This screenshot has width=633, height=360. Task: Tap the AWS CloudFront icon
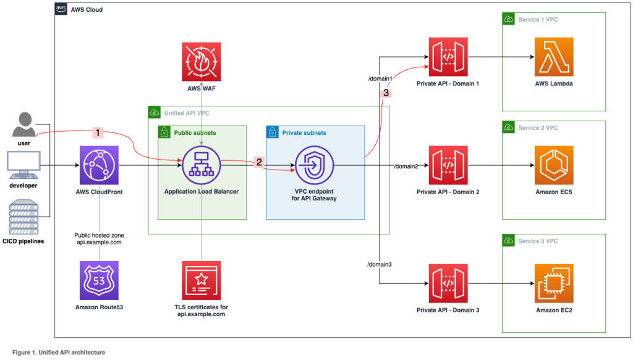[x=100, y=166]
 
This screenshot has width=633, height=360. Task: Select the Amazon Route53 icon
[x=100, y=280]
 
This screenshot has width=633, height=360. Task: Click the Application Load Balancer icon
[x=202, y=165]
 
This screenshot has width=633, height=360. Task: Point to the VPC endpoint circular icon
[x=315, y=165]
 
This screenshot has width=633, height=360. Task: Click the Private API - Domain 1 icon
[x=448, y=58]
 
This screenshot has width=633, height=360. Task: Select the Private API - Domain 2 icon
[x=448, y=166]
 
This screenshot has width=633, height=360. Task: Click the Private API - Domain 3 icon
[x=448, y=283]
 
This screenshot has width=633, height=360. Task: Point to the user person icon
[x=23, y=125]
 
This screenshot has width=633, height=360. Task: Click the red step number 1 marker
[x=96, y=132]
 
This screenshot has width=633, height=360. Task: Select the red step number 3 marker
[x=386, y=93]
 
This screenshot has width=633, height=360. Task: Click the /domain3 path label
[x=380, y=264]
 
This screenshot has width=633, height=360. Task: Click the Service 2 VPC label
[x=537, y=128]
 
